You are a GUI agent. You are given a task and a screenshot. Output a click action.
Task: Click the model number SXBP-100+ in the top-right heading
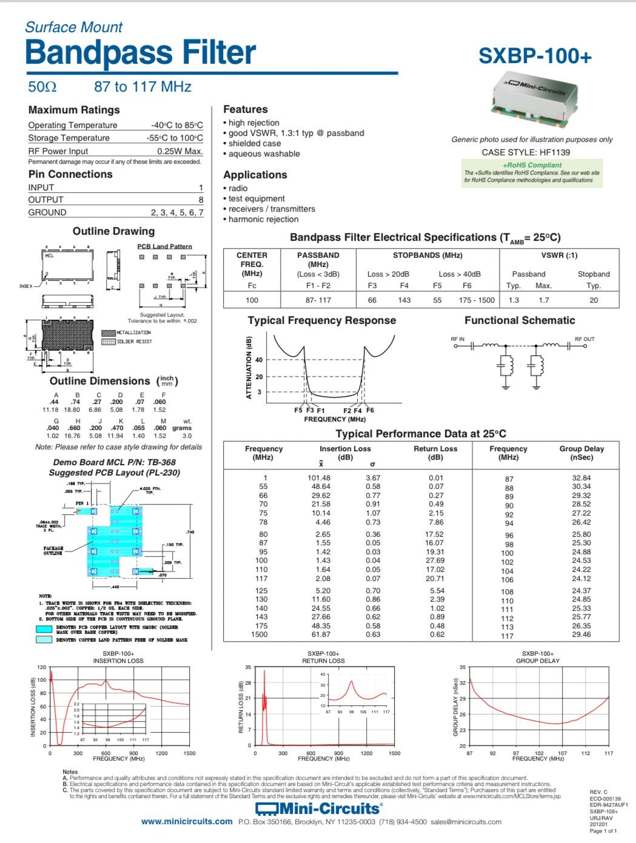tap(534, 56)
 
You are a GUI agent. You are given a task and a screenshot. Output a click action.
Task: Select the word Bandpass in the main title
tap(95, 53)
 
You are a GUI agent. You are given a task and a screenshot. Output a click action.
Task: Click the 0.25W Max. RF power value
tap(179, 151)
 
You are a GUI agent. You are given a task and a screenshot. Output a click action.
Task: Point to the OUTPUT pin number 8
tap(201, 200)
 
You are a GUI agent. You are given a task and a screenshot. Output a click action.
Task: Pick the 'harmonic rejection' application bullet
tap(263, 219)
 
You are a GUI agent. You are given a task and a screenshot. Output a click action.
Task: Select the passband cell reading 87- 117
tap(318, 300)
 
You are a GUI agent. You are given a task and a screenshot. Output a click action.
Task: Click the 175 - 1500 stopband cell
tap(477, 300)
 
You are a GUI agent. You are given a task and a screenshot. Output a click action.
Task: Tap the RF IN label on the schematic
tap(458, 339)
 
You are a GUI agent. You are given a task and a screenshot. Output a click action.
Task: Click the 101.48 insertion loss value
tap(319, 478)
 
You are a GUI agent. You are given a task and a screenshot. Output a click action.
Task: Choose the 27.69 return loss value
tap(435, 560)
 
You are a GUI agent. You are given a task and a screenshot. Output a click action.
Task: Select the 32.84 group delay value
tap(581, 478)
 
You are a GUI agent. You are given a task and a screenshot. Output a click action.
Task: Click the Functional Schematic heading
tap(520, 320)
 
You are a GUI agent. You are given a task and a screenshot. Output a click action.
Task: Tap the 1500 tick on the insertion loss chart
tap(189, 753)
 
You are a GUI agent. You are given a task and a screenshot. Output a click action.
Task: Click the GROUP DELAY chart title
tap(538, 660)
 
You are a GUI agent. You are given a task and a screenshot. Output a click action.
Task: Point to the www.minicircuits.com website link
tap(187, 822)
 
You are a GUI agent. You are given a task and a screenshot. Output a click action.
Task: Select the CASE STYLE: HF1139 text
tap(526, 152)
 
